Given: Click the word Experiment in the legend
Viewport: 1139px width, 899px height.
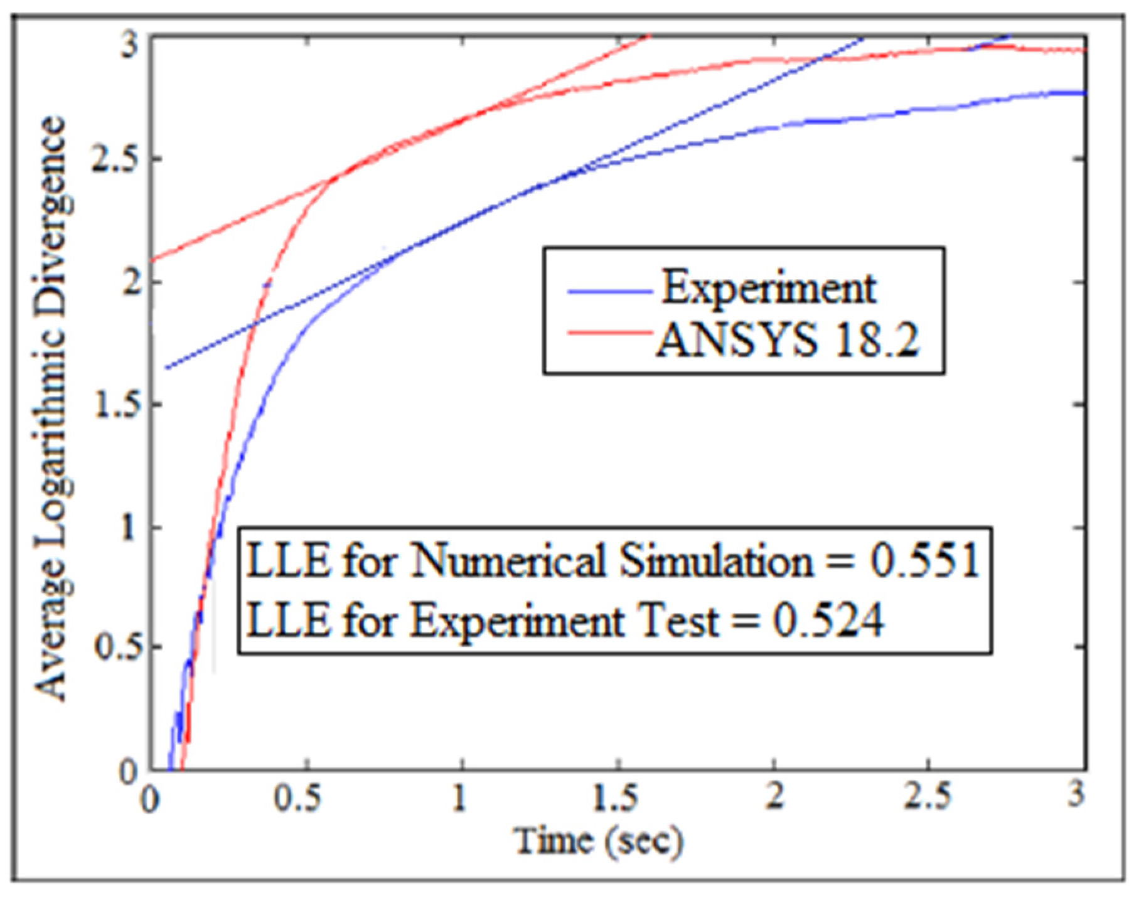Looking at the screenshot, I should [x=769, y=289].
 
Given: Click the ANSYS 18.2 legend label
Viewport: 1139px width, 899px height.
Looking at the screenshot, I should [x=787, y=341].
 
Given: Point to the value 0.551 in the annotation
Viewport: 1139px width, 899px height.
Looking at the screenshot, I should [x=924, y=560].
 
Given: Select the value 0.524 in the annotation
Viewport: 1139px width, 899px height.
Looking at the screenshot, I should [x=828, y=621].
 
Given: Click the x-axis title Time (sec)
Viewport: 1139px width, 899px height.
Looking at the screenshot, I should [x=598, y=841].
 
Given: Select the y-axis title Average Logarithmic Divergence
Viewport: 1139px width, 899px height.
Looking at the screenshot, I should [x=51, y=408].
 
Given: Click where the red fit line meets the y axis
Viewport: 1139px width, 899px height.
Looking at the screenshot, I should [x=152, y=260].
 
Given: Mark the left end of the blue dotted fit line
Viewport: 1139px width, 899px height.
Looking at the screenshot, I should [x=167, y=368].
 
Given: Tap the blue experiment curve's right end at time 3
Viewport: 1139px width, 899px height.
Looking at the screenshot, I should [x=1084, y=93].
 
